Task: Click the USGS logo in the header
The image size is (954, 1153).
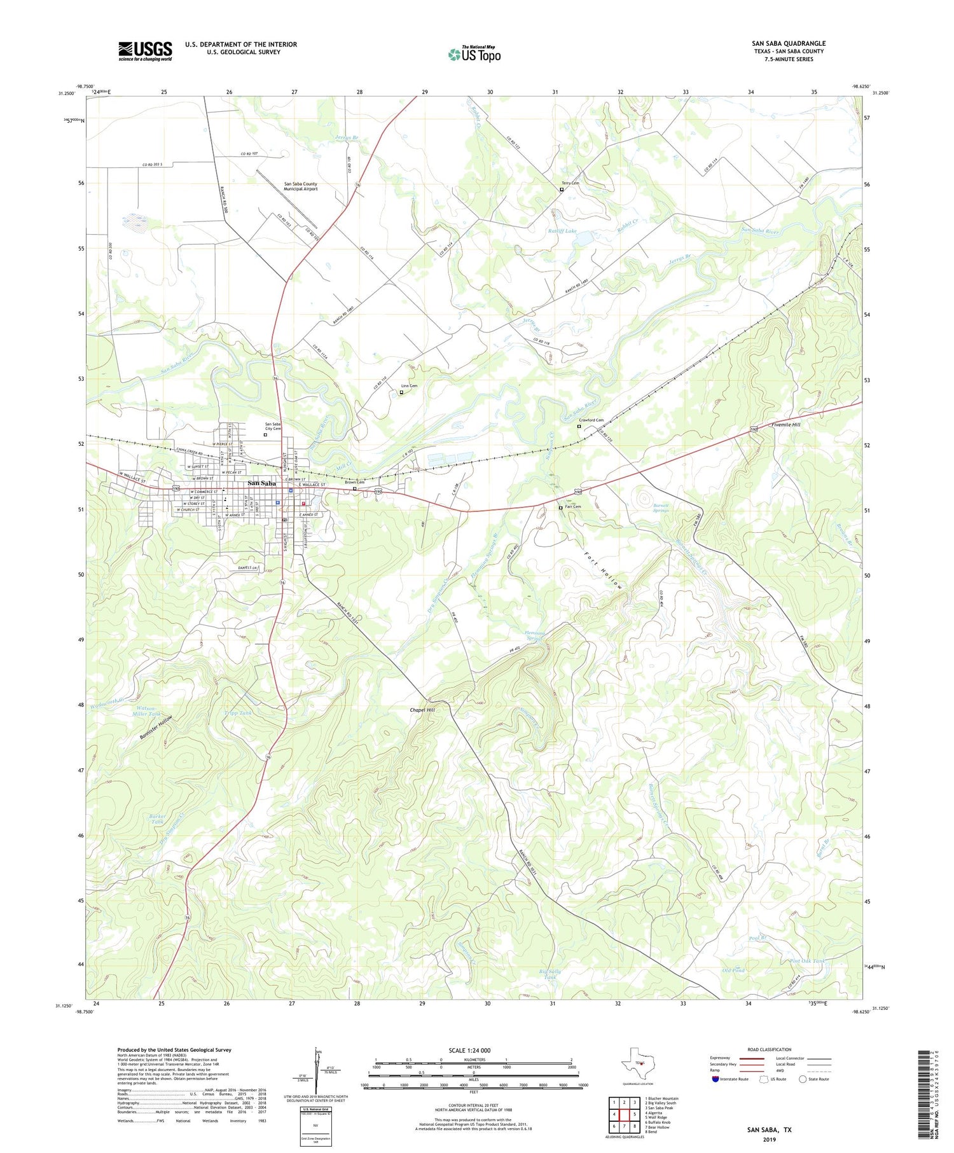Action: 145,51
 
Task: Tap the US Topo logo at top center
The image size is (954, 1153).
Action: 474,54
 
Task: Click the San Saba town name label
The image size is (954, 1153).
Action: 261,483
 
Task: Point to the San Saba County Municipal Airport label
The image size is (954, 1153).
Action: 300,186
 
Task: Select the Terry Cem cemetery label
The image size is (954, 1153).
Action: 570,183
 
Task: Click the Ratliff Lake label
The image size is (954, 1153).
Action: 562,231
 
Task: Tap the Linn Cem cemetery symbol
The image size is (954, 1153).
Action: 401,392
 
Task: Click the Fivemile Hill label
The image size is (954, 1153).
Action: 785,424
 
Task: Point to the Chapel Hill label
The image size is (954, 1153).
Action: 422,710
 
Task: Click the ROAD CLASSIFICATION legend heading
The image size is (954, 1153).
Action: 770,1049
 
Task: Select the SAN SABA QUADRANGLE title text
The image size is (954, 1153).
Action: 788,43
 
